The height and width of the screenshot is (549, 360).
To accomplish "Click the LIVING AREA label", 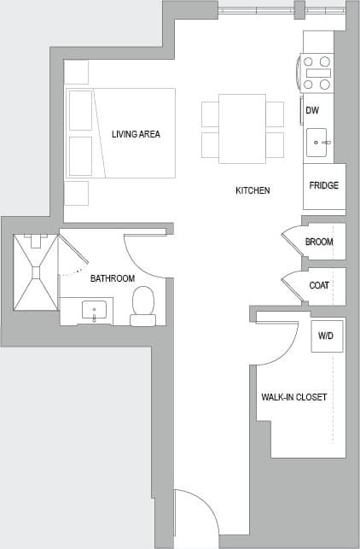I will [x=136, y=134].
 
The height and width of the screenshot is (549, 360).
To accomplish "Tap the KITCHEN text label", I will [x=253, y=190].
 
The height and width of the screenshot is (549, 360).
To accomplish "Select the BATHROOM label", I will [x=113, y=278].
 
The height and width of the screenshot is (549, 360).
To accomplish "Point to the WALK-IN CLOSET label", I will [x=293, y=398].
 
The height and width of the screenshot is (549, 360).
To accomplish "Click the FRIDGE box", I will [x=324, y=186].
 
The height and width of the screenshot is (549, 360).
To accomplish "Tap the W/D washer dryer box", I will [x=325, y=336].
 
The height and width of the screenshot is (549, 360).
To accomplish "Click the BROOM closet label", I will [x=320, y=242].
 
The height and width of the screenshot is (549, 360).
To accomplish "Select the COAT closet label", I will [x=320, y=285].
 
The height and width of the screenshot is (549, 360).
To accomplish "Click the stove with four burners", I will [x=317, y=73].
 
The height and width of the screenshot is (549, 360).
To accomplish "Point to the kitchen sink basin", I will [x=319, y=143].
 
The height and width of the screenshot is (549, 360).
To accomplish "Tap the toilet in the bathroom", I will [x=143, y=306].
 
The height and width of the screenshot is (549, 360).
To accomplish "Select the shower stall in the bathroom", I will [x=36, y=272].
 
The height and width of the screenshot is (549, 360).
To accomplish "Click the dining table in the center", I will [x=242, y=128].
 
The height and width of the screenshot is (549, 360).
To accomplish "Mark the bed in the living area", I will [x=121, y=132].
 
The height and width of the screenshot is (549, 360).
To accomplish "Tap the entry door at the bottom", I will [x=195, y=516].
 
